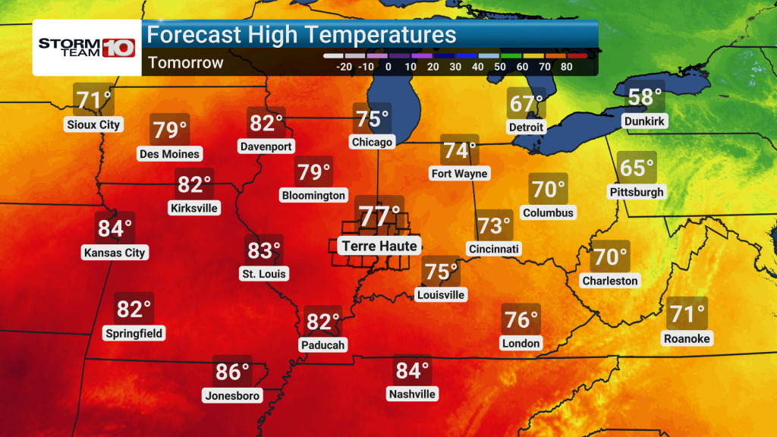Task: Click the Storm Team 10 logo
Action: [86, 46]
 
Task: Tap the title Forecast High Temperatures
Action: [301, 35]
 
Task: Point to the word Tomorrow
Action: [186, 62]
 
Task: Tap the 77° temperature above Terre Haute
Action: [379, 216]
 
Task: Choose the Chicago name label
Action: [372, 142]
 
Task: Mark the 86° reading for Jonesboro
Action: [232, 372]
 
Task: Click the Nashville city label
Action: [412, 395]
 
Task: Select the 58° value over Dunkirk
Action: [645, 97]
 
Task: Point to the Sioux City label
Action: [93, 124]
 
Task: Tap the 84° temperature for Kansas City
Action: [115, 228]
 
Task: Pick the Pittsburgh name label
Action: [637, 192]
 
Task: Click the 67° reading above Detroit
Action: [526, 102]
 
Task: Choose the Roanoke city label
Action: [687, 338]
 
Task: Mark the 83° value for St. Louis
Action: [264, 249]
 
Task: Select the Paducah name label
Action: [323, 345]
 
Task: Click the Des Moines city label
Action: [169, 154]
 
